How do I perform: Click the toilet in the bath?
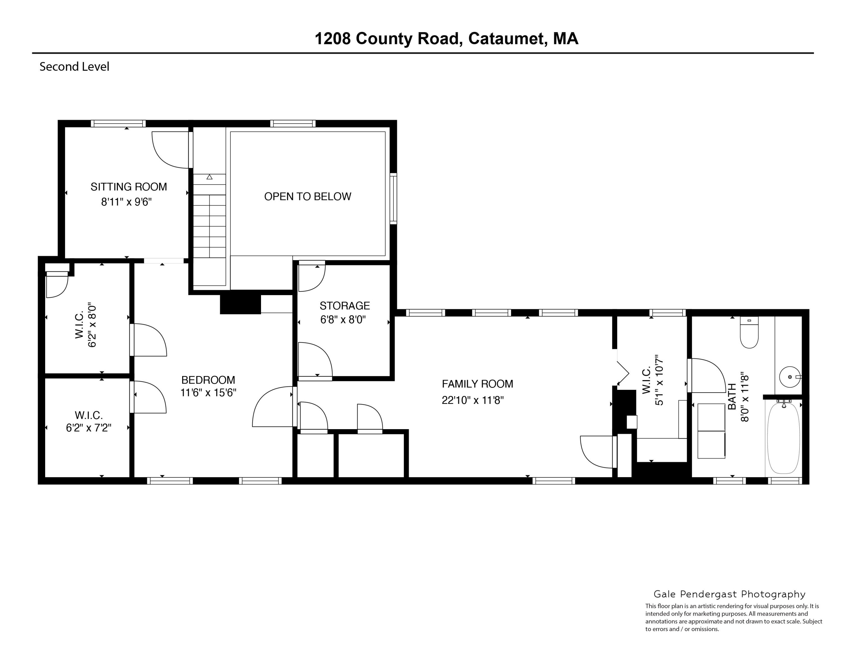pos(749,333)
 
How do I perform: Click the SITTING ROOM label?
pos(129,187)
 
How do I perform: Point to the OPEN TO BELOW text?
pos(307,197)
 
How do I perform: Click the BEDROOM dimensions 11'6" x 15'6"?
pos(208,393)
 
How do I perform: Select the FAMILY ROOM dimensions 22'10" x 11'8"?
pos(473,400)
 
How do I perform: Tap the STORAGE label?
pos(345,306)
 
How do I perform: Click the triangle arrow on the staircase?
pos(209,177)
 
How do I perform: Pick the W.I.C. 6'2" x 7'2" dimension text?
pos(89,428)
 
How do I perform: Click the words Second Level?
pos(74,67)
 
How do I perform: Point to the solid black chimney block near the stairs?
pos(240,304)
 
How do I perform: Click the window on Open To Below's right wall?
pos(393,199)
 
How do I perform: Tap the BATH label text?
pos(731,397)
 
